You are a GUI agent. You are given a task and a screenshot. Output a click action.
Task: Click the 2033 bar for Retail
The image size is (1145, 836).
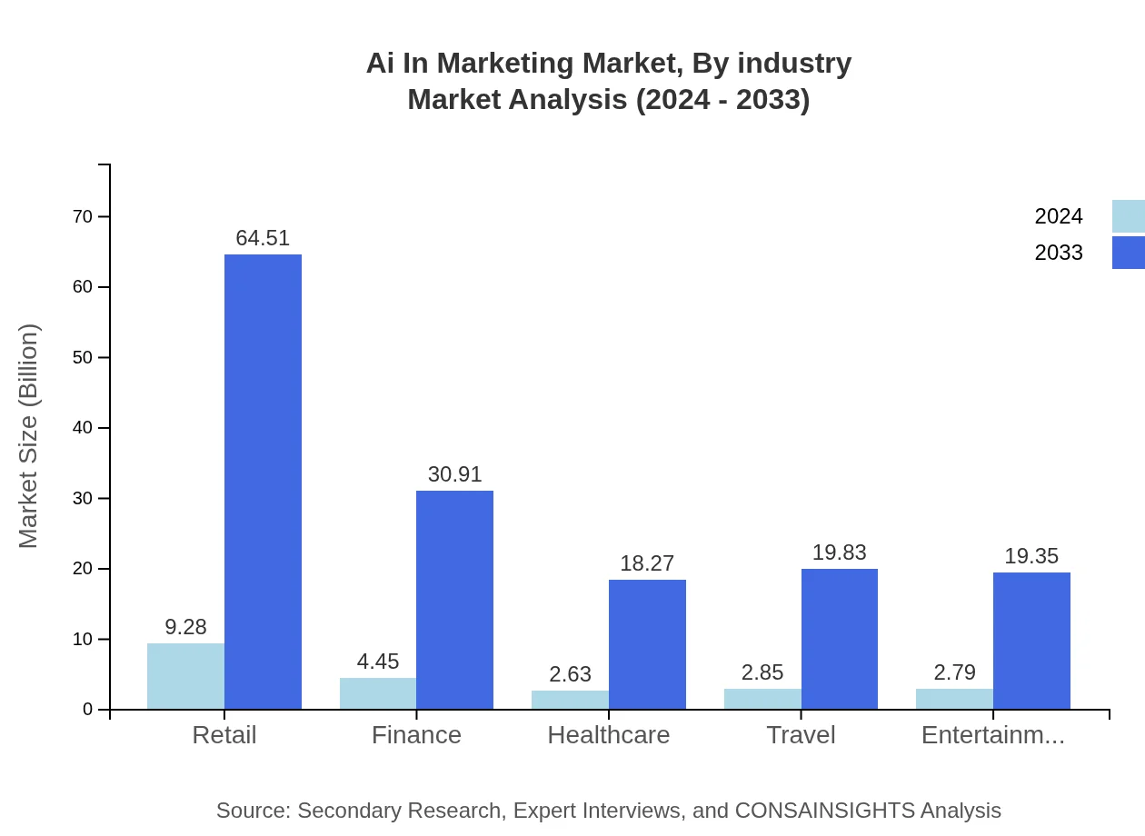(x=263, y=482)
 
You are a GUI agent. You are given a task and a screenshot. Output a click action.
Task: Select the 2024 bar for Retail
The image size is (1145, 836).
(x=185, y=676)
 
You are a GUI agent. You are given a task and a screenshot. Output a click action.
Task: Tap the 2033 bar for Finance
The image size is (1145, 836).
(x=454, y=600)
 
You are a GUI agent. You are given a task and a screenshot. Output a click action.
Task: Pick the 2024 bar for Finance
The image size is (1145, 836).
(x=378, y=693)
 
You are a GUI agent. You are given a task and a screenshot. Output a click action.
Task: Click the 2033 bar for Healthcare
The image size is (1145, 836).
(x=647, y=644)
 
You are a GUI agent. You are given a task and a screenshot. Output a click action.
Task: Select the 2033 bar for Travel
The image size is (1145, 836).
(x=840, y=639)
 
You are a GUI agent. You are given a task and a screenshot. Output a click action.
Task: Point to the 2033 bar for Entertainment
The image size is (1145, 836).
(x=1031, y=641)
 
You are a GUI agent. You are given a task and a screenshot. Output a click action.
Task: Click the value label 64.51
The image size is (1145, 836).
(x=263, y=238)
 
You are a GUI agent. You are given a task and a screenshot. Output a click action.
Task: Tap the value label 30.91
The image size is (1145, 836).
(x=454, y=474)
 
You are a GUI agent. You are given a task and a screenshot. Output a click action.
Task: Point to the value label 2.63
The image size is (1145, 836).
(x=570, y=674)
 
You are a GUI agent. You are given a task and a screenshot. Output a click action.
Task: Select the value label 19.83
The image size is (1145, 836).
(x=839, y=552)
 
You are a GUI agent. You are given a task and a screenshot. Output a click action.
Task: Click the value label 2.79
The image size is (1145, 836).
(x=954, y=672)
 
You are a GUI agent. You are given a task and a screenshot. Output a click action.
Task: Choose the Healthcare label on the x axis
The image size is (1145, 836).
(x=608, y=735)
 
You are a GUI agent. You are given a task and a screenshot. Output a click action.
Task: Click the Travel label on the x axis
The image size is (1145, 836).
(x=801, y=735)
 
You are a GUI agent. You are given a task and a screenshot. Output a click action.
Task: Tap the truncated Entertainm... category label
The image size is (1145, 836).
(x=992, y=735)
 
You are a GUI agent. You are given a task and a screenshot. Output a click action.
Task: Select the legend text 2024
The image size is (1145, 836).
(x=1059, y=216)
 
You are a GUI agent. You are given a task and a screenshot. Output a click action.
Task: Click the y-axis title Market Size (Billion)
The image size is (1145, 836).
(x=29, y=436)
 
